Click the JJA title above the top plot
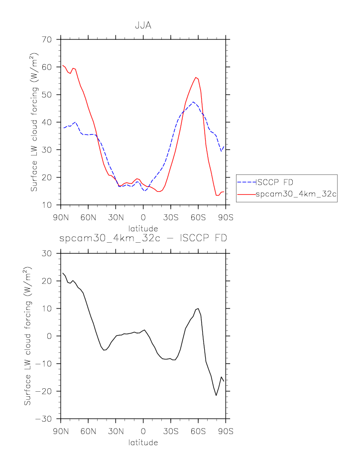pyautogui.click(x=143, y=25)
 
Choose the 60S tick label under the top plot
pyautogui.click(x=198, y=217)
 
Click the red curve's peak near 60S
pyautogui.click(x=196, y=77)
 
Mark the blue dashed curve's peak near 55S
pyautogui.click(x=193, y=102)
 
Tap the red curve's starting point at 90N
pyautogui.click(x=61, y=65)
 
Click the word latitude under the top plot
pyautogui.click(x=143, y=228)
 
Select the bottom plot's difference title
pyautogui.click(x=143, y=238)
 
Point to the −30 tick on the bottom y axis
pyautogui.click(x=48, y=419)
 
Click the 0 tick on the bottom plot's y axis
pyautogui.click(x=51, y=336)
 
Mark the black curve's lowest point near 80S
pyautogui.click(x=216, y=395)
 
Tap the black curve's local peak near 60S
pyautogui.click(x=198, y=309)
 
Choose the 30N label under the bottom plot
pyautogui.click(x=116, y=432)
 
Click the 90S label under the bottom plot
pyautogui.click(x=226, y=432)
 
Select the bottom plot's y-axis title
pyautogui.click(x=28, y=336)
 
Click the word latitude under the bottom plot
pyautogui.click(x=143, y=443)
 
